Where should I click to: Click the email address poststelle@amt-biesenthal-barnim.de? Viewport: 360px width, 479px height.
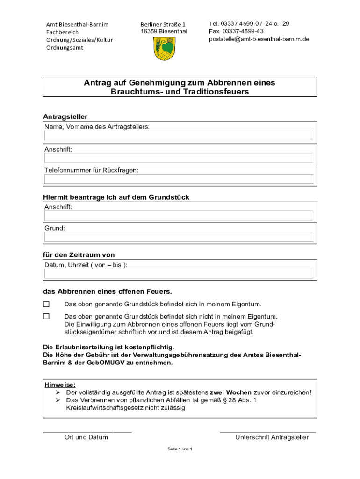pyautogui.click(x=259, y=39)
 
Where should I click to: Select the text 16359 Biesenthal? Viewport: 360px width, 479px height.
pyautogui.click(x=164, y=31)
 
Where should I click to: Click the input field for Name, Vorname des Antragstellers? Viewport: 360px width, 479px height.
pyautogui.click(x=179, y=136)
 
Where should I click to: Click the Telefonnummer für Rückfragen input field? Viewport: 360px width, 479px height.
pyautogui.click(x=179, y=179)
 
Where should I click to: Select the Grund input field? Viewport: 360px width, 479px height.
pyautogui.click(x=179, y=237)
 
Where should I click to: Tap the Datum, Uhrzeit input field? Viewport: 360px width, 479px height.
pyautogui.click(x=179, y=274)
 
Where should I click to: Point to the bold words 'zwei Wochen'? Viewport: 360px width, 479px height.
pyautogui.click(x=230, y=392)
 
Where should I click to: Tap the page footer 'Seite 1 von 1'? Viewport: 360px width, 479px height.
pyautogui.click(x=180, y=449)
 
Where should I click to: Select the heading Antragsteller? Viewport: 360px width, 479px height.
pyautogui.click(x=65, y=116)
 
